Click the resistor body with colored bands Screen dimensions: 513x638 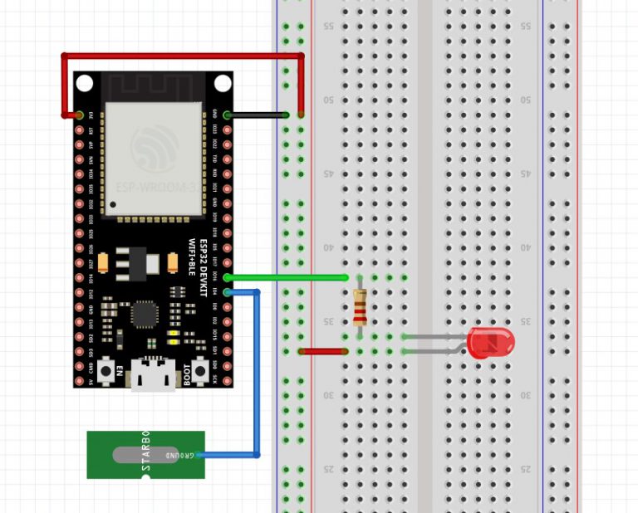(x=359, y=309)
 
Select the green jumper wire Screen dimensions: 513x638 (x=287, y=277)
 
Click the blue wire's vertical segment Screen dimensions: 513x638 (x=257, y=374)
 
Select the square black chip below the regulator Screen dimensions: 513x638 (x=145, y=313)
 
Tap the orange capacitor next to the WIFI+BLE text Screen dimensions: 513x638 (x=172, y=263)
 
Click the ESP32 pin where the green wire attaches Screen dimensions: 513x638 (x=227, y=277)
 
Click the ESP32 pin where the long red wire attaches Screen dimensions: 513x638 (x=80, y=115)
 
